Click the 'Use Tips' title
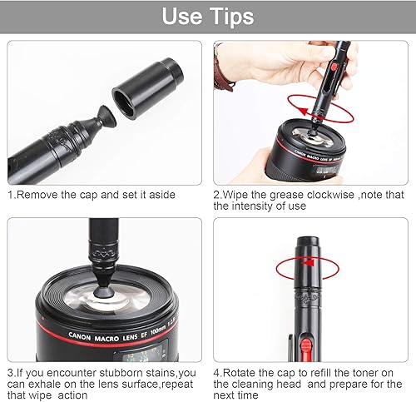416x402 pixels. (208, 16)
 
